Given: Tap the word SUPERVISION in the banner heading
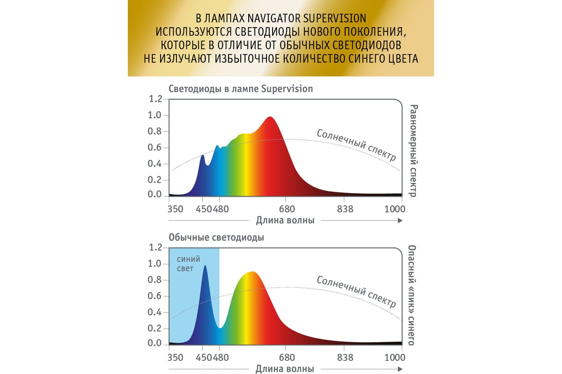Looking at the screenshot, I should pos(334,18).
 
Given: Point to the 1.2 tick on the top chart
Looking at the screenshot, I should pos(155,99).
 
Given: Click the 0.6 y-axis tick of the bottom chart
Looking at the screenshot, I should pos(155,296).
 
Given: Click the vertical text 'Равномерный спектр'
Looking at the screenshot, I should pos(412,150).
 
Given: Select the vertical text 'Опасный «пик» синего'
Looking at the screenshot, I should pos(412,295).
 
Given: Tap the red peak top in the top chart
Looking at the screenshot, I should pos(270,118).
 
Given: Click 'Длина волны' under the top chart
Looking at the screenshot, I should pos(285,220).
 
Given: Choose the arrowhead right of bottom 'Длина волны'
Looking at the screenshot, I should pos(399,369).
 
